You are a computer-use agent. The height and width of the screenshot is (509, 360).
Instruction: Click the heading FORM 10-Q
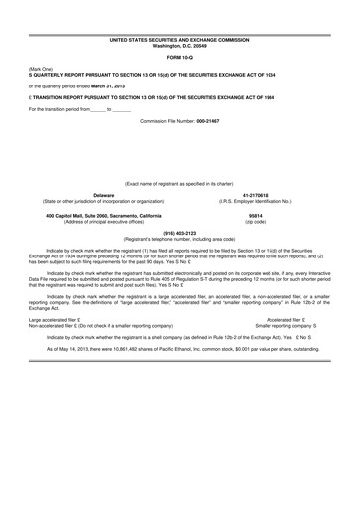(179, 57)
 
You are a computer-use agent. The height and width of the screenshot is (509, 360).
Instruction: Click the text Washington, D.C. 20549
(179, 45)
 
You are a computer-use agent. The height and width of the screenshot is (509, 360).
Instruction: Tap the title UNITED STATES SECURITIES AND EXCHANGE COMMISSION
(179, 39)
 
